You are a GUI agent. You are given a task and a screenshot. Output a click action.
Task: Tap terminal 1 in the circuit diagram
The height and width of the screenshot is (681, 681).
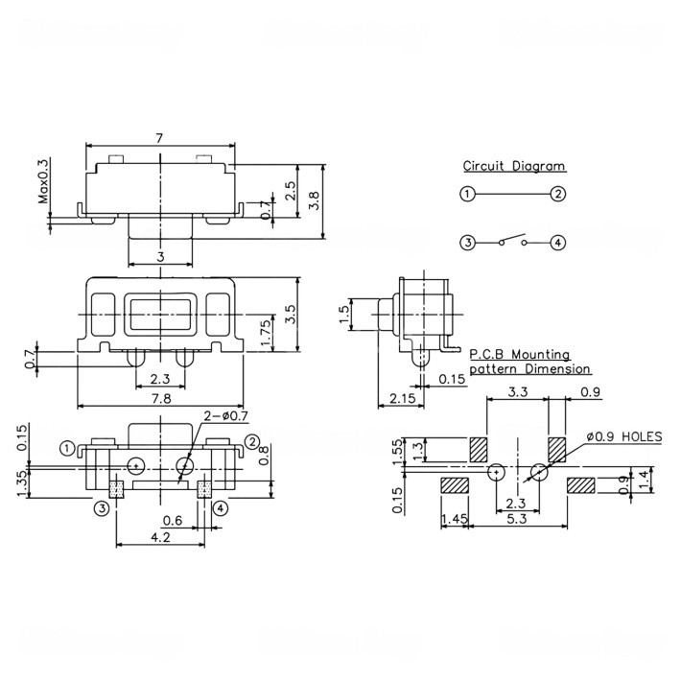click(466, 194)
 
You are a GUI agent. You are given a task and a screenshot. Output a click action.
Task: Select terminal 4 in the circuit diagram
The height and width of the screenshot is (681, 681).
click(557, 243)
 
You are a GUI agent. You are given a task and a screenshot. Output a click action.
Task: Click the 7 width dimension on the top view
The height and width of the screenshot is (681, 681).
click(159, 138)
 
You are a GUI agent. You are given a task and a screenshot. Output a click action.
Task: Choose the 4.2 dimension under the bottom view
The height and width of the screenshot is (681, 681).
click(160, 539)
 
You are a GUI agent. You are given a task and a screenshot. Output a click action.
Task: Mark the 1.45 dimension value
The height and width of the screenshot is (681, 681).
click(453, 520)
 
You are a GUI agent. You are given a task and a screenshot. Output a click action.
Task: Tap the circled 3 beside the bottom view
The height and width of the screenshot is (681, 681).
click(99, 507)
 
